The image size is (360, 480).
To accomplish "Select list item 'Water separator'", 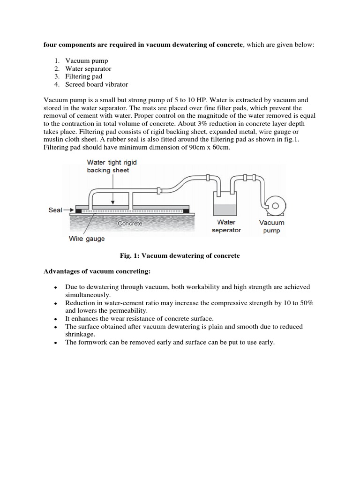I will pyautogui.click(x=88, y=69).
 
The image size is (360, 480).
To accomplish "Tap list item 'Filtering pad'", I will pyautogui.click(x=83, y=76).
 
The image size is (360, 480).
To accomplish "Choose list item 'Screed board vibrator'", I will pyautogui.click(x=97, y=84).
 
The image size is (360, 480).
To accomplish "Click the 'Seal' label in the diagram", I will pyautogui.click(x=55, y=210).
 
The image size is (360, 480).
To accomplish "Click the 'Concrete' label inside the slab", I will pyautogui.click(x=130, y=224).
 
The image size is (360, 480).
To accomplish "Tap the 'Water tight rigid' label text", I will pyautogui.click(x=112, y=162).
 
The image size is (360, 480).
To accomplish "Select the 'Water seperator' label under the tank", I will pyautogui.click(x=226, y=226).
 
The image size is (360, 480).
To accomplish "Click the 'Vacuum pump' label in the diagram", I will pyautogui.click(x=272, y=226).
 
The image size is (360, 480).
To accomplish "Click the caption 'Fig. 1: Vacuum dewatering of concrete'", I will pyautogui.click(x=180, y=255).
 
